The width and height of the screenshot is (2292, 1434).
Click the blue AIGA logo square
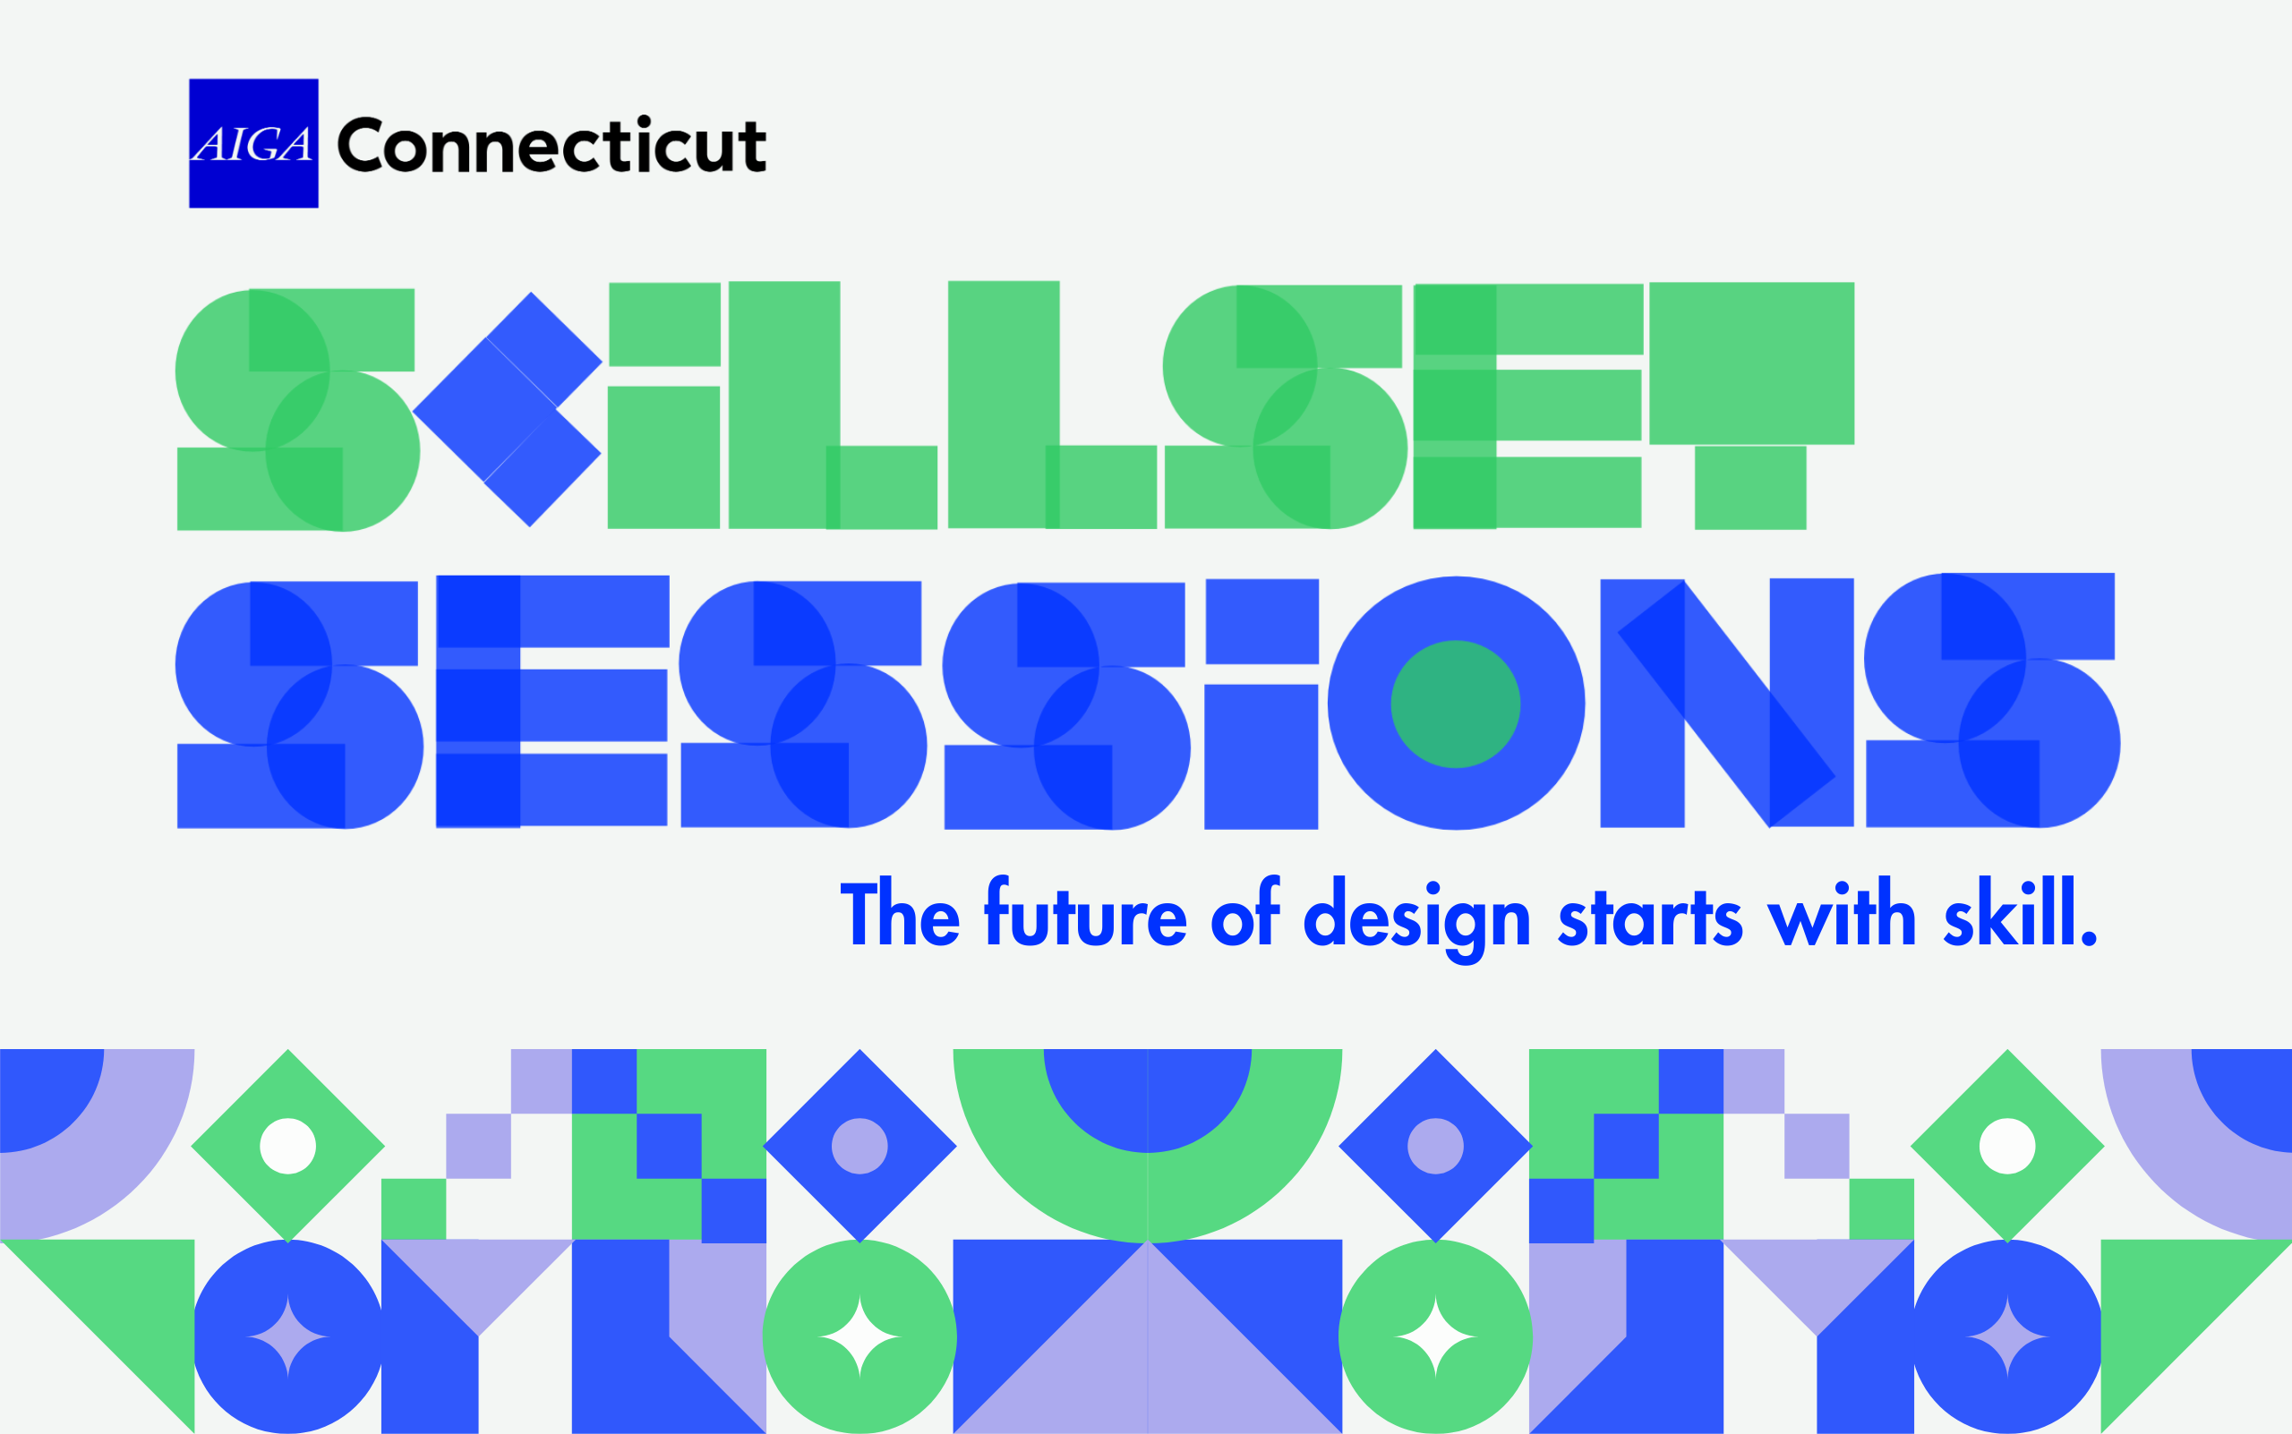[x=253, y=143]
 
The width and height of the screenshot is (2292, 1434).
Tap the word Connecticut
[x=552, y=145]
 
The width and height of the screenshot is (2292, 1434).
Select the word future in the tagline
[x=1086, y=912]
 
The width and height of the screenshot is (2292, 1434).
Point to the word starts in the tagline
[x=1651, y=918]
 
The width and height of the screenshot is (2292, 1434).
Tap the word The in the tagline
[x=901, y=912]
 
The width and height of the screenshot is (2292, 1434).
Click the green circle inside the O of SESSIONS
[x=1455, y=704]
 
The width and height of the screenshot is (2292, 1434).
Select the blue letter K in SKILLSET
[x=508, y=409]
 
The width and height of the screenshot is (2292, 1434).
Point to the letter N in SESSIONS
[x=1726, y=703]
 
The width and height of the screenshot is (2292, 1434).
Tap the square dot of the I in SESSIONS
[x=1261, y=621]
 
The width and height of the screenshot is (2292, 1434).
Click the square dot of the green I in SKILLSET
[x=664, y=324]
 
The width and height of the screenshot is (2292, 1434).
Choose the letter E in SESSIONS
[x=552, y=702]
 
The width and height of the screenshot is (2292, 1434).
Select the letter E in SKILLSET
[x=1527, y=405]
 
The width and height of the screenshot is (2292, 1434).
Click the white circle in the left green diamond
[x=287, y=1146]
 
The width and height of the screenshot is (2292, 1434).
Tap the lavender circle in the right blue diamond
[x=1435, y=1146]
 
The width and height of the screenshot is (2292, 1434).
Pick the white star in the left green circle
[x=859, y=1337]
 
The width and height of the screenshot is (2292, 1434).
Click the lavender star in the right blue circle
[x=2007, y=1337]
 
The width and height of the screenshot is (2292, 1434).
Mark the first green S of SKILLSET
[x=296, y=410]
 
